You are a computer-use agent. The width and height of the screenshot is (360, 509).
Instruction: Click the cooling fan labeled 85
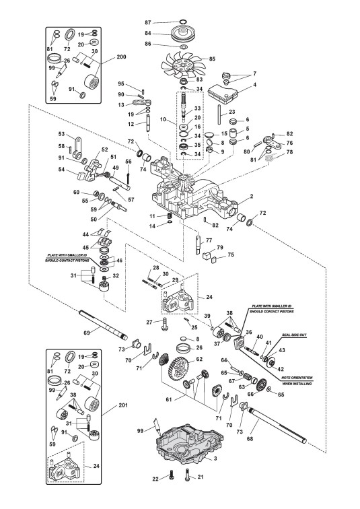(x=184, y=65)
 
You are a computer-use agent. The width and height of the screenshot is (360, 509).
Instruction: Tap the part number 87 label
(x=148, y=22)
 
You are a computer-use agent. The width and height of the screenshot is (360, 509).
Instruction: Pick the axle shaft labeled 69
(x=103, y=325)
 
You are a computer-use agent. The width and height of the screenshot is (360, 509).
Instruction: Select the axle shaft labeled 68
(x=277, y=425)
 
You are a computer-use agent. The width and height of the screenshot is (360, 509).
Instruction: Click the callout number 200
(x=121, y=57)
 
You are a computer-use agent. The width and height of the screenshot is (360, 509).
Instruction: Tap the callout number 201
(x=123, y=405)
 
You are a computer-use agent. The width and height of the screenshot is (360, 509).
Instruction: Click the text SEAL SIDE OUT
(x=294, y=335)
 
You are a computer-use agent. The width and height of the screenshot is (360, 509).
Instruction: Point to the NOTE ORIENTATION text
(x=297, y=378)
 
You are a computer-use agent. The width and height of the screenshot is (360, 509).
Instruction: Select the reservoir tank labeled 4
(x=223, y=91)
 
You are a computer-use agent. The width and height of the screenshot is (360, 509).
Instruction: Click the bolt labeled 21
(x=187, y=475)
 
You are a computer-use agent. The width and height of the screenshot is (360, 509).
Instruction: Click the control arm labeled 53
(x=77, y=145)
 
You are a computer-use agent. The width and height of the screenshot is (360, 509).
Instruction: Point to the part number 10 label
(x=163, y=119)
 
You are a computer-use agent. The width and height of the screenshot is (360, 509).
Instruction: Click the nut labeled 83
(x=184, y=81)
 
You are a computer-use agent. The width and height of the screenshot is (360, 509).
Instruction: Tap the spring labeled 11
(x=169, y=215)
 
